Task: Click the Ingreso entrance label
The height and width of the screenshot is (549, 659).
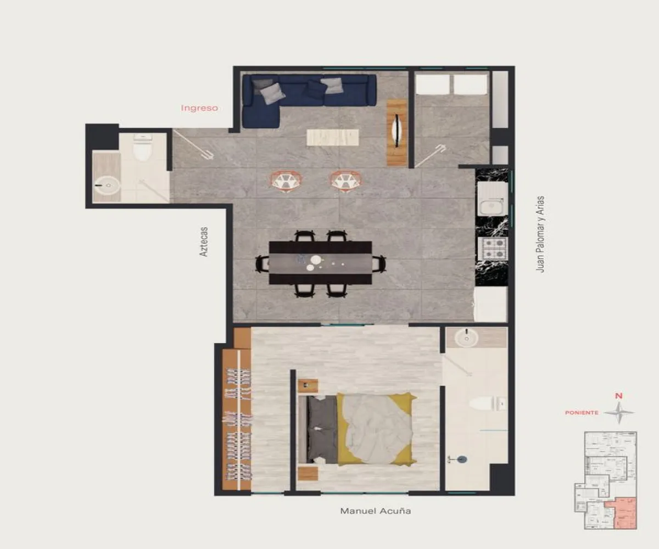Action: point(199,108)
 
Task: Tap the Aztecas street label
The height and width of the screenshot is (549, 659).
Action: point(204,242)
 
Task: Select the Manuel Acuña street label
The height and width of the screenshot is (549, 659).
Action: point(376,511)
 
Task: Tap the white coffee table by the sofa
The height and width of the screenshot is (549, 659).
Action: point(333,137)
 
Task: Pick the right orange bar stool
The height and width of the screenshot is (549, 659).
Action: point(345,180)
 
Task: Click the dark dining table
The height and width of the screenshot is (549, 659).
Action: point(320,263)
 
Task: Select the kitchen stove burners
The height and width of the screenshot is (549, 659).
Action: point(494,248)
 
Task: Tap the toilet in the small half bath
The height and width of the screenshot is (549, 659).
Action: point(143,148)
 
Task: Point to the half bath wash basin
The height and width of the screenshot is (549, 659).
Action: point(108,186)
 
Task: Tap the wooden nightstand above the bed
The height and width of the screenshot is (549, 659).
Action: point(308,385)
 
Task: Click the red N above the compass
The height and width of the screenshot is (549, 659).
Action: point(618,396)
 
